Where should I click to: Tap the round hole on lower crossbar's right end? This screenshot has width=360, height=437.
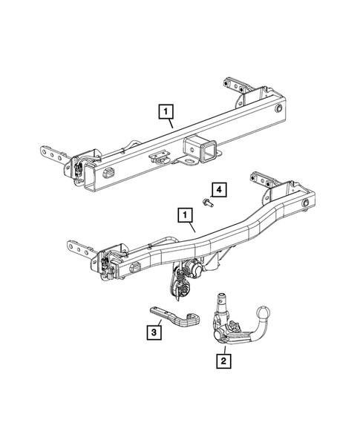(x=306, y=203)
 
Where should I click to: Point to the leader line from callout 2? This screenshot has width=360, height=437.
(x=221, y=348)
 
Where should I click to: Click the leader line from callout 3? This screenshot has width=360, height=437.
(x=158, y=320)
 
